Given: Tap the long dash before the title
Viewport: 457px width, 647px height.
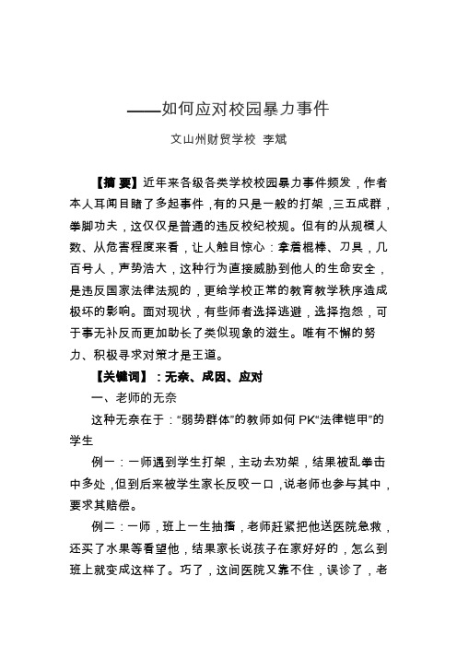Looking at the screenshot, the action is [142, 112].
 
